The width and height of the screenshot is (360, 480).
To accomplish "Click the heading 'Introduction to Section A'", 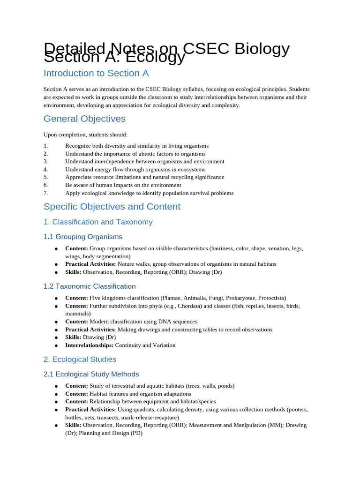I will point(96,73).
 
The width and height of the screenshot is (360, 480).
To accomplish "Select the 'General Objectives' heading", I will point(84,119).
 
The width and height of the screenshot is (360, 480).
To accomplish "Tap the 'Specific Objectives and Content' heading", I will point(112,207).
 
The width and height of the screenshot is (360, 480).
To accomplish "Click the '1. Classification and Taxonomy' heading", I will point(98,222).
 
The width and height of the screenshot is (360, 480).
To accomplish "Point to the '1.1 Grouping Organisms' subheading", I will point(83,237).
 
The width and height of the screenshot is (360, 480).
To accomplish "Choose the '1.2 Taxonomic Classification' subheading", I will point(90,286).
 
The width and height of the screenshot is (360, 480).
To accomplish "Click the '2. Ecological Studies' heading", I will point(80,360).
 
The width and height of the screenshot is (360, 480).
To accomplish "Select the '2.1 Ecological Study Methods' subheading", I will point(91,375).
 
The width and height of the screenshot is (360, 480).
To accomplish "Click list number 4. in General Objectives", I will point(46,169).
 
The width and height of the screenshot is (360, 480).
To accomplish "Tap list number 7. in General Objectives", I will point(46,193).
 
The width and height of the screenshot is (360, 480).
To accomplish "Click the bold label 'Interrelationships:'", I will point(89,345).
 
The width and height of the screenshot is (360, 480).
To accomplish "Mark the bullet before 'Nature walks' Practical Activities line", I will point(56,264).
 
